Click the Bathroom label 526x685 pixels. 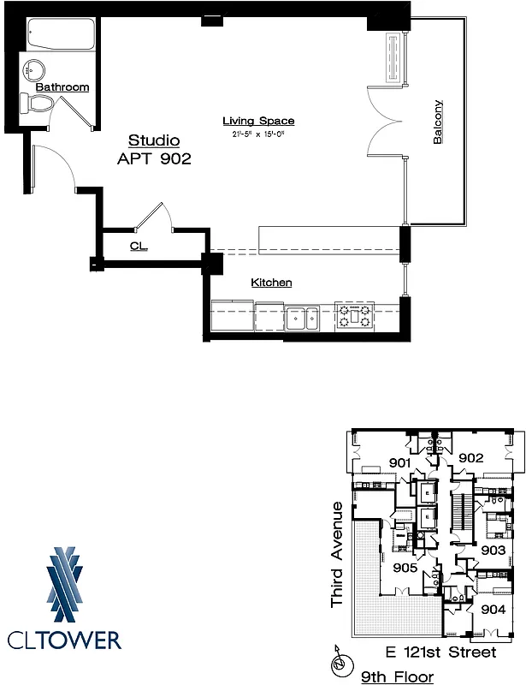click(x=62, y=86)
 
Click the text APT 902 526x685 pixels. click(x=153, y=158)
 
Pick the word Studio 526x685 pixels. click(x=154, y=140)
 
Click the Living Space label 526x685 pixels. click(x=258, y=121)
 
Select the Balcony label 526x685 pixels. click(x=438, y=122)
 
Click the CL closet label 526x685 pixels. click(x=139, y=247)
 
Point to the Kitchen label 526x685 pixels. click(x=271, y=283)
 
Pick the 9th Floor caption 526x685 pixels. click(x=397, y=677)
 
